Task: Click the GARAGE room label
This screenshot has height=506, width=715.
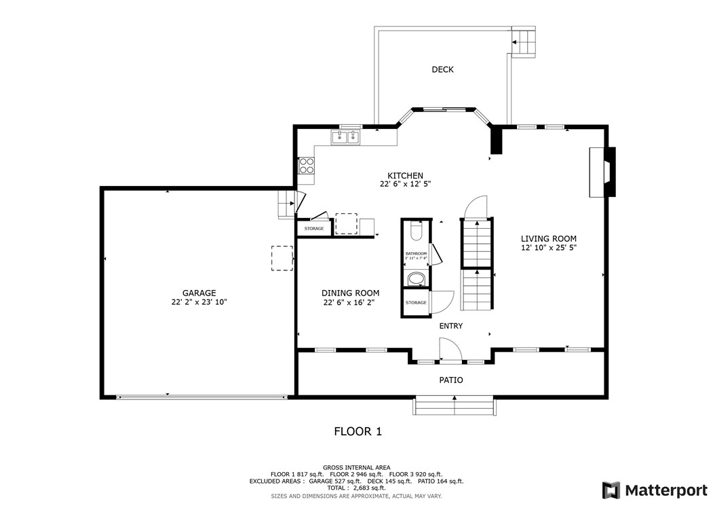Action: [199, 293]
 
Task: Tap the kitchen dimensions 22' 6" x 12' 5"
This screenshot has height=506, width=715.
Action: [405, 184]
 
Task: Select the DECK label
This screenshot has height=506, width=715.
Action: [442, 69]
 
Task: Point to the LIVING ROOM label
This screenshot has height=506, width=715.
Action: [548, 238]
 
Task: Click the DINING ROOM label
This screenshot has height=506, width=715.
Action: [350, 293]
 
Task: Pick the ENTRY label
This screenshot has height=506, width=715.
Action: [450, 326]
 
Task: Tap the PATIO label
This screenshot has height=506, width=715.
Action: [450, 380]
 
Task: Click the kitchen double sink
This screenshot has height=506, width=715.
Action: [346, 138]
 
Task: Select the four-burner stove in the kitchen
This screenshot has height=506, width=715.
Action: [307, 166]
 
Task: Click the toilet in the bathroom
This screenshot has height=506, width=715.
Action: [416, 232]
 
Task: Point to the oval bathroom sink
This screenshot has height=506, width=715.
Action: [416, 279]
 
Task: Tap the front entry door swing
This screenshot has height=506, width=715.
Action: [449, 350]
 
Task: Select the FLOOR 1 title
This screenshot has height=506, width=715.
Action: [358, 431]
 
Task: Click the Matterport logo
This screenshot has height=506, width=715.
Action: [655, 490]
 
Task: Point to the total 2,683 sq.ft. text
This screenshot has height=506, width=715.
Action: [357, 488]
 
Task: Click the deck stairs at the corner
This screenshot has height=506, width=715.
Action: [523, 42]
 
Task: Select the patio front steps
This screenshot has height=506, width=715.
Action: [454, 406]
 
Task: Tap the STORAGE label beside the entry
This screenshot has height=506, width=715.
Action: [416, 302]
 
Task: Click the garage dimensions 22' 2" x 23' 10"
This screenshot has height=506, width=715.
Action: [199, 302]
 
